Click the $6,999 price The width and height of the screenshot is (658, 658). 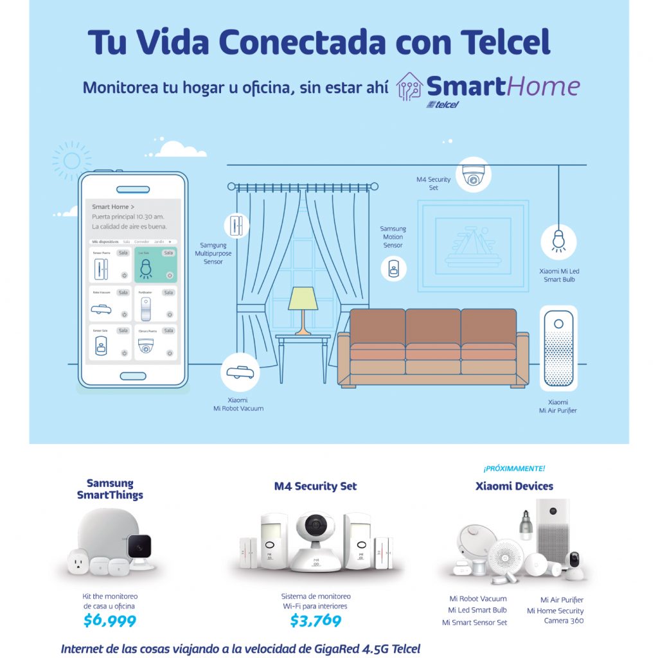click(x=110, y=621)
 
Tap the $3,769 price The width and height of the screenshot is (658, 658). click(x=316, y=621)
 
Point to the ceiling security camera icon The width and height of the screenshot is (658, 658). click(x=474, y=175)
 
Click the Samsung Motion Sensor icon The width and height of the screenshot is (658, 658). click(x=393, y=268)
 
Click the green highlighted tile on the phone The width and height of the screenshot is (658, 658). click(x=156, y=264)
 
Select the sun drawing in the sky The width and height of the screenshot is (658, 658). click(x=71, y=160)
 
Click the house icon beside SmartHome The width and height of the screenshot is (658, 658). click(x=409, y=89)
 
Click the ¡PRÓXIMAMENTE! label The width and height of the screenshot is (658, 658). click(x=514, y=468)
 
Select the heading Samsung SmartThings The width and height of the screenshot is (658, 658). click(x=110, y=489)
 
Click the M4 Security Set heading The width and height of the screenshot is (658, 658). click(x=316, y=486)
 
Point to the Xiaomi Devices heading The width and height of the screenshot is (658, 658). click(x=514, y=486)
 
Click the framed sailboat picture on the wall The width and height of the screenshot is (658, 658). click(x=473, y=243)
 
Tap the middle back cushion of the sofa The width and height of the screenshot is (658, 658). click(x=432, y=326)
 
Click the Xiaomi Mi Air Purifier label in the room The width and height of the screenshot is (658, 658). click(x=558, y=406)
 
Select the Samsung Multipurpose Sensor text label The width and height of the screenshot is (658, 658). click(x=213, y=253)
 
